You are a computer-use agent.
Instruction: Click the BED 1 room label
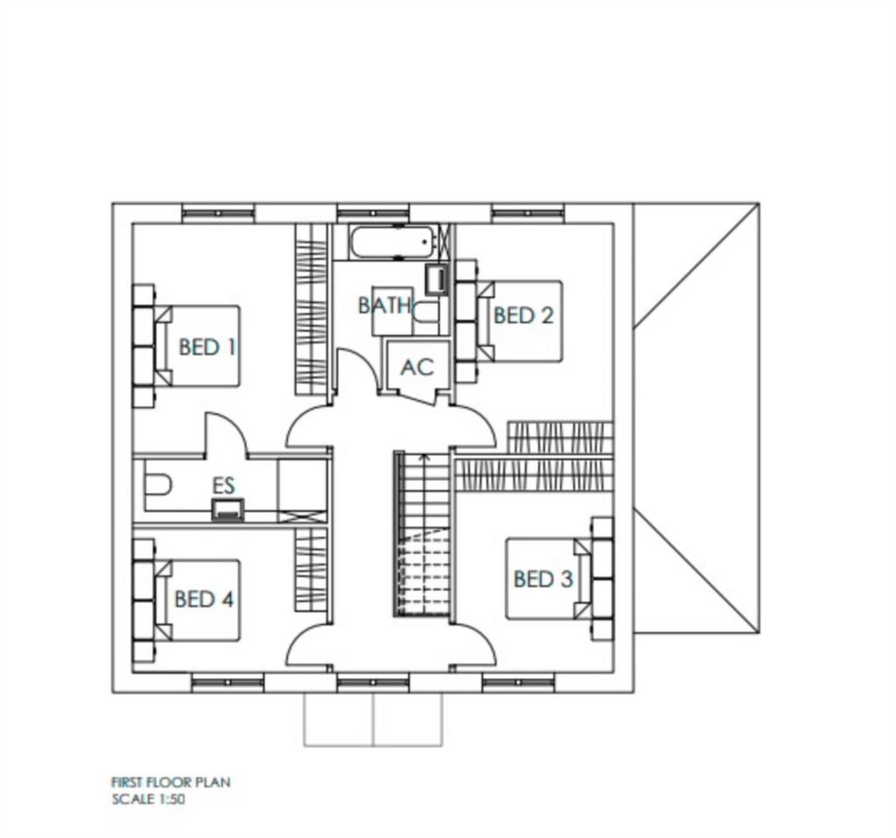(207, 347)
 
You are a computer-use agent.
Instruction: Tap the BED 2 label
(523, 315)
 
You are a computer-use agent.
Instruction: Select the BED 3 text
(542, 579)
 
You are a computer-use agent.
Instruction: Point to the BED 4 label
(204, 599)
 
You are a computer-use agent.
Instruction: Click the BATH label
(385, 306)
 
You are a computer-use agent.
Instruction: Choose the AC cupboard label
(417, 367)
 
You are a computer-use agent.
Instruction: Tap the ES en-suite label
(223, 486)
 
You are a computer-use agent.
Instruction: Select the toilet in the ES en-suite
(157, 486)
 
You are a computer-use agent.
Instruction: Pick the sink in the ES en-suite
(228, 509)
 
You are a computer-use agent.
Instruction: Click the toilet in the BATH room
(426, 313)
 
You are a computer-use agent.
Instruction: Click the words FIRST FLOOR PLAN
(171, 782)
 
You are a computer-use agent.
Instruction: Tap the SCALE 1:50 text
(149, 799)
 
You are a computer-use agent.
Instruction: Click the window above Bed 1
(218, 214)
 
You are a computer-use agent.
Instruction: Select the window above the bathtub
(373, 214)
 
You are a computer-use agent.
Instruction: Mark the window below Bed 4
(228, 682)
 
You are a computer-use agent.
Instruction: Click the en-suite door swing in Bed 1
(226, 434)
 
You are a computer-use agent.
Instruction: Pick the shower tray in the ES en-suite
(302, 490)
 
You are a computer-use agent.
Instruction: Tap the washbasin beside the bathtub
(437, 279)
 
